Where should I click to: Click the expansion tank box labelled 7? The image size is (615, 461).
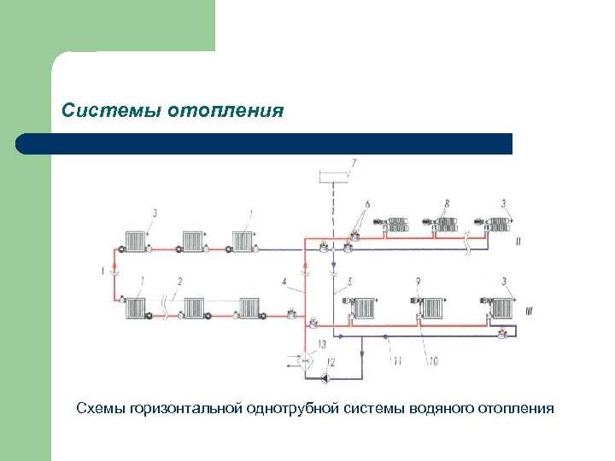(332, 177)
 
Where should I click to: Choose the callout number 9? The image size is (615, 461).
(418, 281)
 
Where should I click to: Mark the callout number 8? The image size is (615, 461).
(446, 204)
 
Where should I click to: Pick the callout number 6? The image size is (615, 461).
(367, 204)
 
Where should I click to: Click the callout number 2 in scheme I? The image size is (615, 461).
(180, 281)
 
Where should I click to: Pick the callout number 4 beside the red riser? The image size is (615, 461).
(284, 281)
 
